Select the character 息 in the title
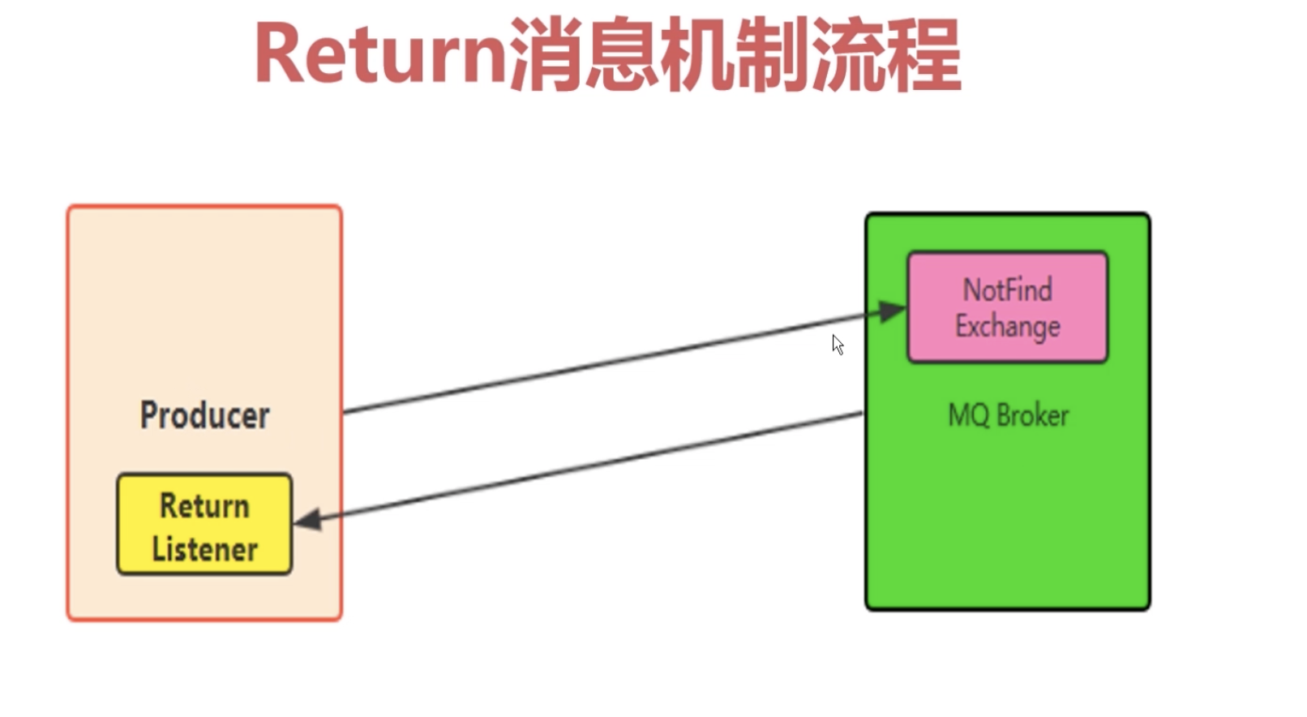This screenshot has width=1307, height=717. coord(620,55)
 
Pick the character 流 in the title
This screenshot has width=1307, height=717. coord(846,55)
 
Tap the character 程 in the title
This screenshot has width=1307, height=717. coord(922,55)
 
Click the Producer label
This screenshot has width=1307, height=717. coord(204,415)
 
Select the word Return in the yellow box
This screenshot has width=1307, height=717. coord(204,506)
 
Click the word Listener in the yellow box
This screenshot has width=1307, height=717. coord(204,549)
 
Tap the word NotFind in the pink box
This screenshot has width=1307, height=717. coord(1007,290)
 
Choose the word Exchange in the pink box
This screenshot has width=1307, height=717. coord(1007,326)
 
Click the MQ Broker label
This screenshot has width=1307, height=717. coord(1008,415)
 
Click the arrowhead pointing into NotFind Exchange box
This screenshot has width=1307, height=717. coord(893,311)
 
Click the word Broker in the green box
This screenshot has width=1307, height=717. coord(1032,415)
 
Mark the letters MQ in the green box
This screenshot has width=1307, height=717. coord(968,415)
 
